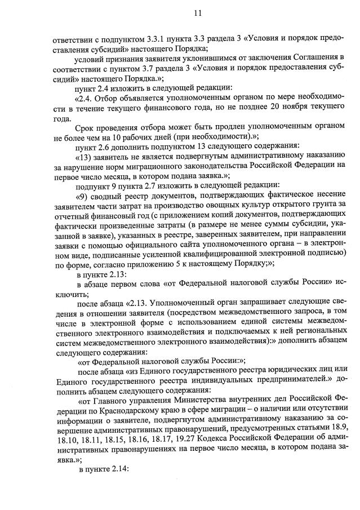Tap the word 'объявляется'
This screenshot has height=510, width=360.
pos(130,99)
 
